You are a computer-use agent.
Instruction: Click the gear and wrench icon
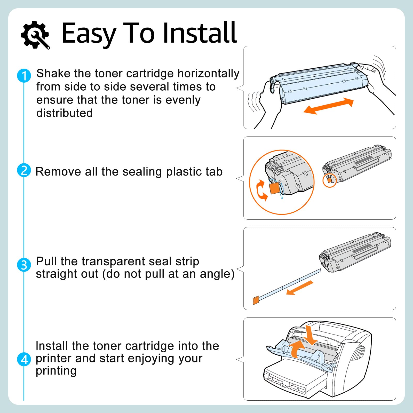(35, 34)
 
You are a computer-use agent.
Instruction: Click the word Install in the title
(200, 33)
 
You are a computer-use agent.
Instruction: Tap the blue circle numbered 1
(24, 76)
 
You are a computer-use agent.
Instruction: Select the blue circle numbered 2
(24, 170)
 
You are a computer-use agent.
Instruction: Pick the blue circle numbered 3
(24, 265)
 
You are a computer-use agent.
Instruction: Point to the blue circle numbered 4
(24, 359)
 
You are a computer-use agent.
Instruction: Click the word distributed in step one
(64, 113)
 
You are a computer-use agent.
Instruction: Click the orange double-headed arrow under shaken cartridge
(328, 106)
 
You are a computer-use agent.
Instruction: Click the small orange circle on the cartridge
(330, 180)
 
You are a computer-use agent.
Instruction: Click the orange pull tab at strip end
(256, 300)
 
